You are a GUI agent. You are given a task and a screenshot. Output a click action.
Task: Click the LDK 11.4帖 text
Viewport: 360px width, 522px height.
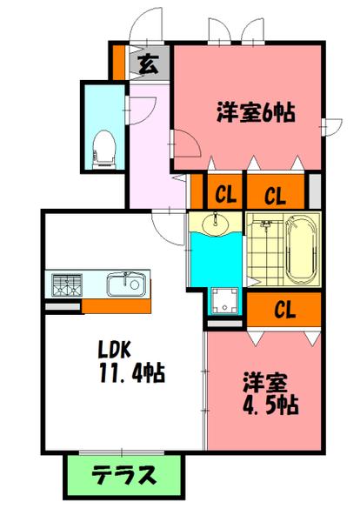click(x=130, y=363)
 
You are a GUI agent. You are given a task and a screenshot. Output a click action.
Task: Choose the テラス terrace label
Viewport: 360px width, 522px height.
click(x=124, y=476)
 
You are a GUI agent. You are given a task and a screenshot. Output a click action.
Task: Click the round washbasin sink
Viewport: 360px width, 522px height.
click(x=216, y=226)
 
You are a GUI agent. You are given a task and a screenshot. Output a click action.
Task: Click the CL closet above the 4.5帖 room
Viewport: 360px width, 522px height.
click(x=284, y=308)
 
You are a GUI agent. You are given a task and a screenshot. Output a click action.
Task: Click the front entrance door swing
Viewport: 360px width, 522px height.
click(x=145, y=24)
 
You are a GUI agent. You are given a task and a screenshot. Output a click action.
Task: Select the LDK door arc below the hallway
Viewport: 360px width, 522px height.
click(x=164, y=223)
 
